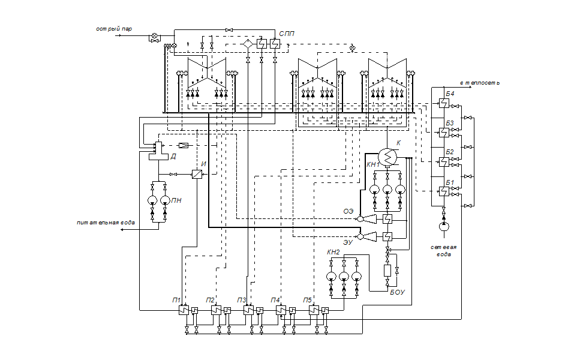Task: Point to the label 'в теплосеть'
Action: click(x=479, y=83)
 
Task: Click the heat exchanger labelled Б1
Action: click(x=443, y=191)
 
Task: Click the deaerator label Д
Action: click(x=173, y=157)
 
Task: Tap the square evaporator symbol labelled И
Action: click(x=197, y=174)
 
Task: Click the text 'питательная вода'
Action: click(x=106, y=223)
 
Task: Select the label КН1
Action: click(x=374, y=164)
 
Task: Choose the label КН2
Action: click(x=333, y=253)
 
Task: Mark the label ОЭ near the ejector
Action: click(x=348, y=211)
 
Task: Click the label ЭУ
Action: click(x=348, y=243)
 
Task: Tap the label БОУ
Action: click(x=398, y=292)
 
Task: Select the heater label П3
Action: click(x=242, y=300)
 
